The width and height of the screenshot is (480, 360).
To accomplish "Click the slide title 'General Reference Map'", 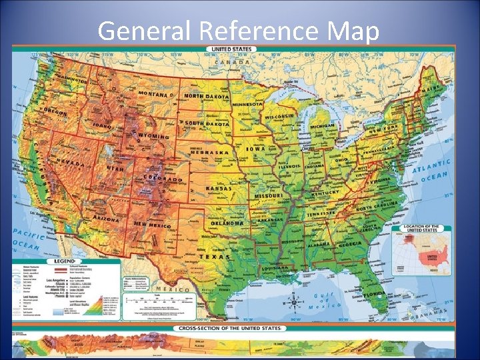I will tap(239, 31).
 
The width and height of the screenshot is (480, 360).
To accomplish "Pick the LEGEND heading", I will tap(65, 262).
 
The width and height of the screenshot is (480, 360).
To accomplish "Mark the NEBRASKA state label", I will tap(209, 152).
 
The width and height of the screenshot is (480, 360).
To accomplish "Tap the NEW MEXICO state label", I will tap(151, 225).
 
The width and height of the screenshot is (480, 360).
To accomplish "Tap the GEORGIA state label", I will tap(349, 245).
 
